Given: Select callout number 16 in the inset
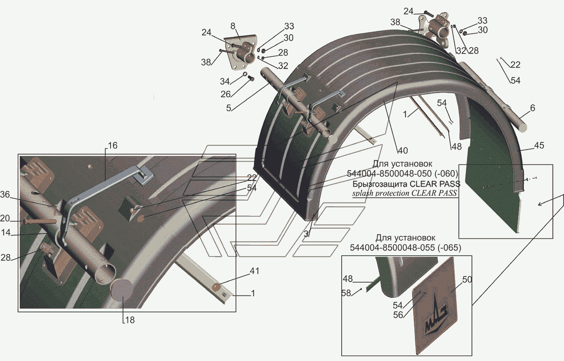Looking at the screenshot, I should click(x=113, y=146).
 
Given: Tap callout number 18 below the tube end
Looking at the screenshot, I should click(x=129, y=320).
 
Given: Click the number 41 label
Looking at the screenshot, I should click(x=254, y=271).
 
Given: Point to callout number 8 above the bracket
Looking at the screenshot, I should click(x=233, y=27).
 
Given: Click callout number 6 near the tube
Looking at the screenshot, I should click(x=532, y=108).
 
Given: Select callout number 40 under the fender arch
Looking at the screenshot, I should click(x=402, y=151).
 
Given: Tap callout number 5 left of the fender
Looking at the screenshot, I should click(x=228, y=108).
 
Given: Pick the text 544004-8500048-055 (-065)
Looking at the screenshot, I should click(x=405, y=248).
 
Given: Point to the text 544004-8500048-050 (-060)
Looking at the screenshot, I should click(x=402, y=174).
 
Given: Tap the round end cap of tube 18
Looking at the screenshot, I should click(x=122, y=291).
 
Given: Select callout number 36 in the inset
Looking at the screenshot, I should click(x=5, y=195).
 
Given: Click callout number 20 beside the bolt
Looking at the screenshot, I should click(x=5, y=218).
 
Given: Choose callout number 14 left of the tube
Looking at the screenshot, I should click(x=6, y=232).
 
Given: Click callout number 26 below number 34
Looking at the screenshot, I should click(x=226, y=94).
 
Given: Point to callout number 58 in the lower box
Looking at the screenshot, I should click(x=346, y=293).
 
